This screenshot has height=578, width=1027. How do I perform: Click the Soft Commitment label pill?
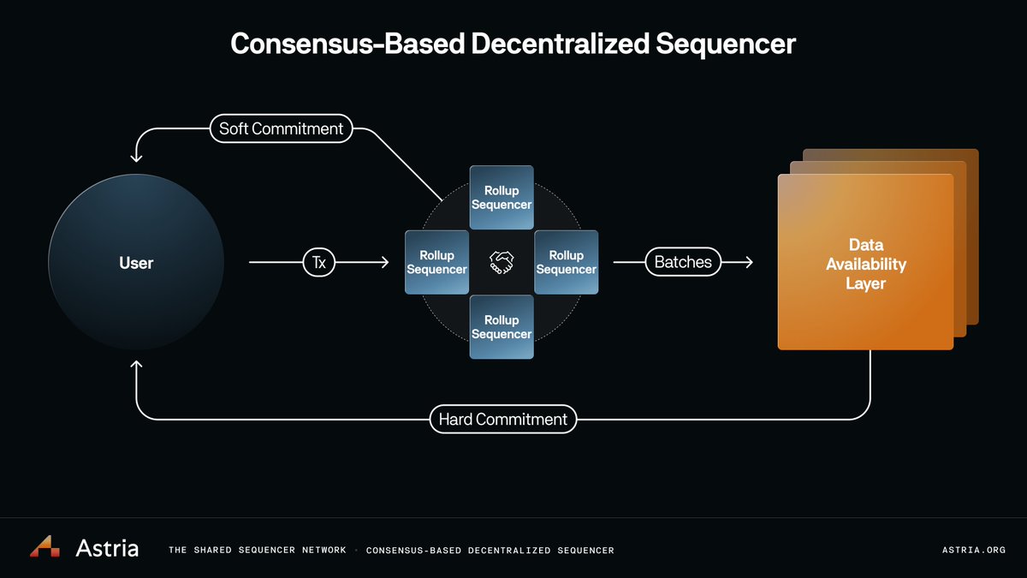pyautogui.click(x=281, y=128)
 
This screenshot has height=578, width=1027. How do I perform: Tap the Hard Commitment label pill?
pyautogui.click(x=502, y=420)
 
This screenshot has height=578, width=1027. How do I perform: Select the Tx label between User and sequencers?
pyautogui.click(x=318, y=263)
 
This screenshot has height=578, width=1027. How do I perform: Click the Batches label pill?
pyautogui.click(x=683, y=262)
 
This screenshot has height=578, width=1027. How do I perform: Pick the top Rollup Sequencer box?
pyautogui.click(x=502, y=198)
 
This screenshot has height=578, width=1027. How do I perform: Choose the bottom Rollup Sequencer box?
pyautogui.click(x=502, y=327)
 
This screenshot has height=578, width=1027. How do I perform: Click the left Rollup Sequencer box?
pyautogui.click(x=436, y=262)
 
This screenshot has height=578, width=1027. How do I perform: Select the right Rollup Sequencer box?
pyautogui.click(x=566, y=262)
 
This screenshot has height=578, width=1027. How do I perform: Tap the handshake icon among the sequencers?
pyautogui.click(x=502, y=262)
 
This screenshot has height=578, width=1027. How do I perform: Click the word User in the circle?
pyautogui.click(x=136, y=263)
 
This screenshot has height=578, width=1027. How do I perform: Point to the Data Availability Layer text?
pyautogui.click(x=865, y=264)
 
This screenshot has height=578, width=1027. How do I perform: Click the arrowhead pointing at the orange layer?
pyautogui.click(x=750, y=262)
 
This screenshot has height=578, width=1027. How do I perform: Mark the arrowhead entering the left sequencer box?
pyautogui.click(x=386, y=263)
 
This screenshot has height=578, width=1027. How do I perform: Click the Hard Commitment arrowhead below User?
pyautogui.click(x=136, y=366)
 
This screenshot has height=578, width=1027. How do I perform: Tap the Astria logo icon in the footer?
pyautogui.click(x=45, y=547)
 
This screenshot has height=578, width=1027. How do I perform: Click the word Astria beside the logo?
pyautogui.click(x=107, y=548)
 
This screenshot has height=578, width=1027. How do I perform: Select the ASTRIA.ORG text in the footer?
pyautogui.click(x=972, y=550)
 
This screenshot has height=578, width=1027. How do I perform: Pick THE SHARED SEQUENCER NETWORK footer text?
pyautogui.click(x=258, y=550)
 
